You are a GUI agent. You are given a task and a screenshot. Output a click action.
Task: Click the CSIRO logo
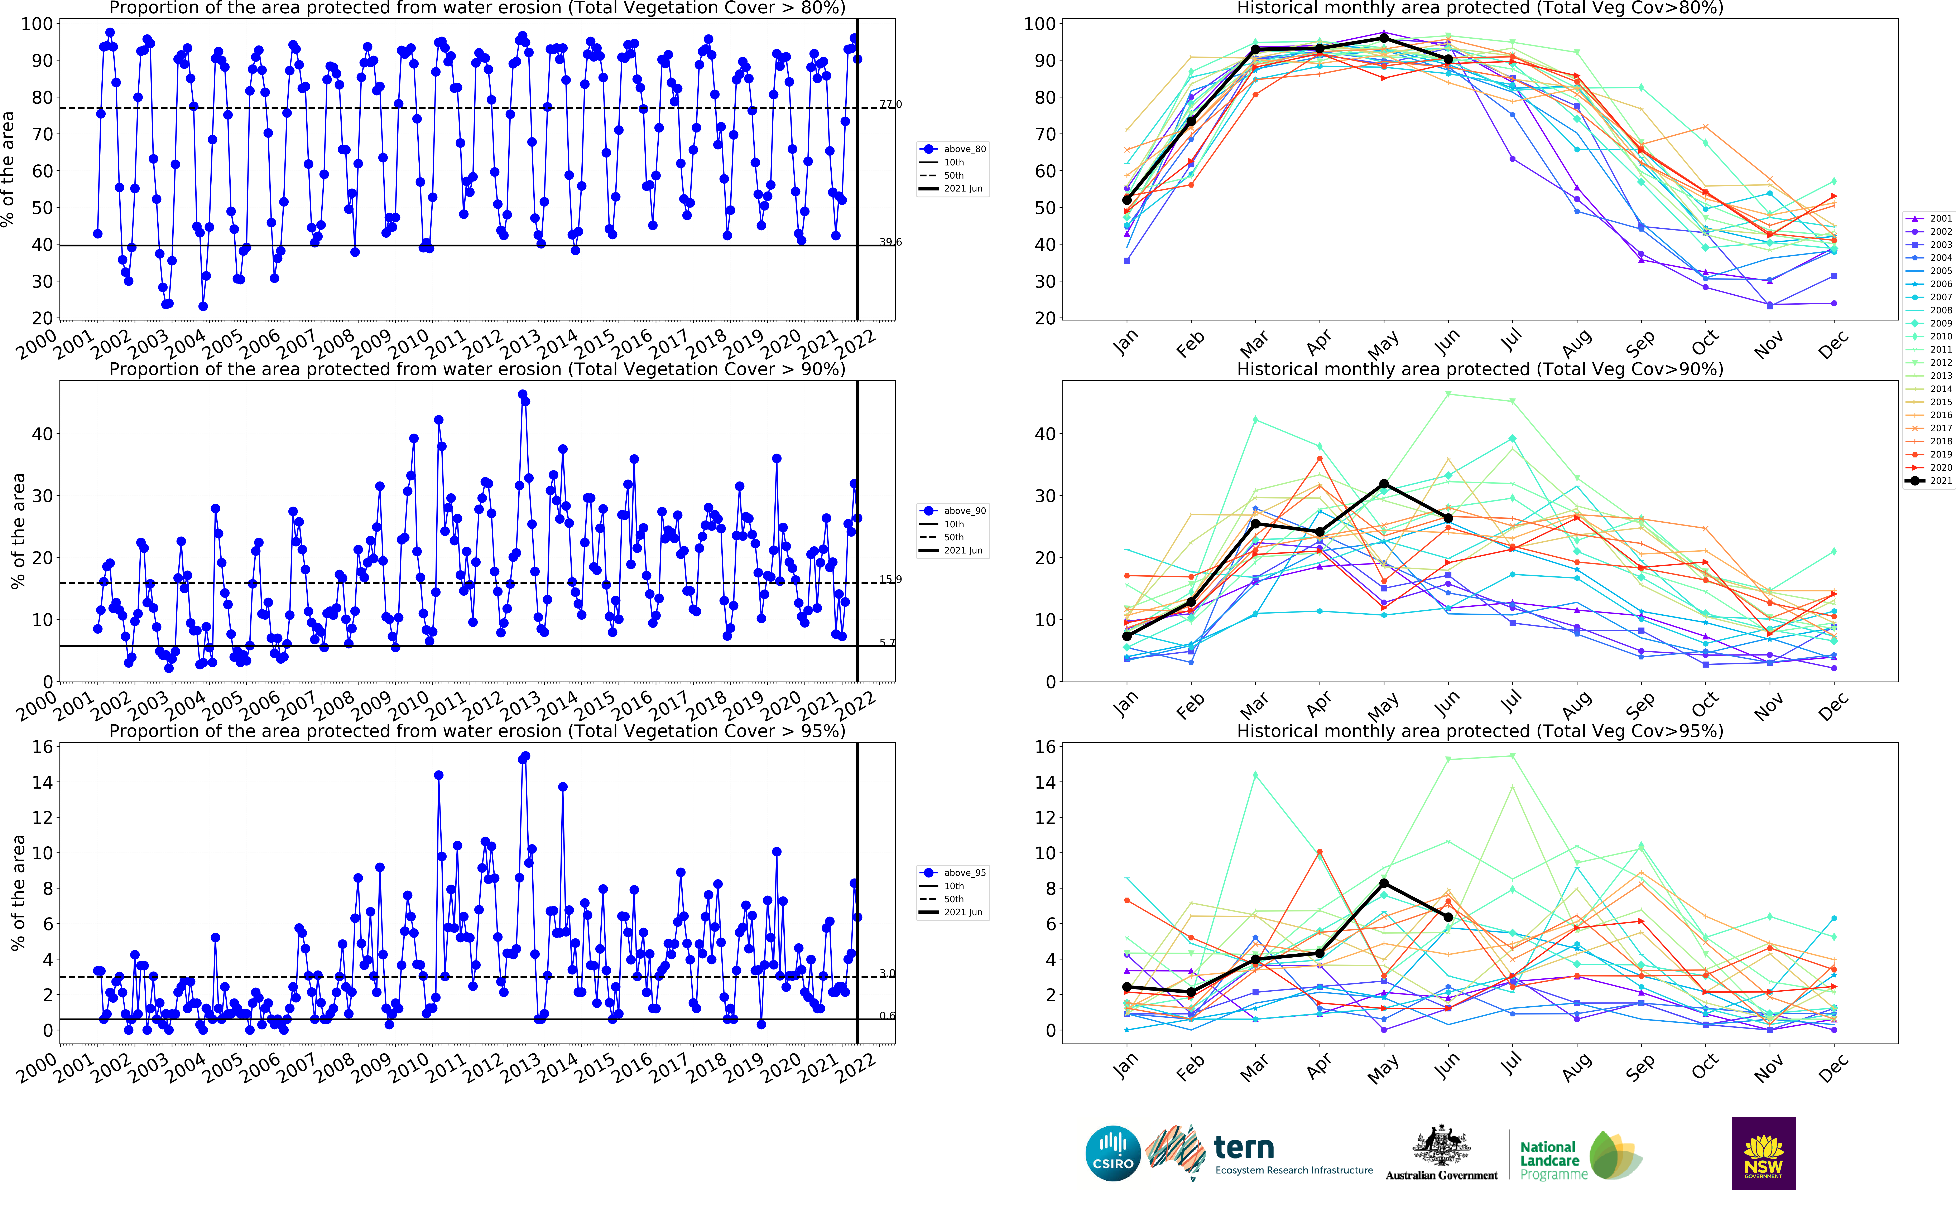click(x=1113, y=1153)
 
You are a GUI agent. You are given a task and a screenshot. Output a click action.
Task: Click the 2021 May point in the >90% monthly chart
click(x=1384, y=484)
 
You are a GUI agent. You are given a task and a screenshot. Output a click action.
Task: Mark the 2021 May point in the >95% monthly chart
click(x=1384, y=883)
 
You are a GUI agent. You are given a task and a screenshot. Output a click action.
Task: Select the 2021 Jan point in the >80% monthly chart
click(x=1126, y=200)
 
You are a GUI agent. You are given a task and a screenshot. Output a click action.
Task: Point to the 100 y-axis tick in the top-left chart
click(x=37, y=24)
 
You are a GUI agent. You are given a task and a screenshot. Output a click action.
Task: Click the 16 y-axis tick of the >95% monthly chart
click(x=1045, y=747)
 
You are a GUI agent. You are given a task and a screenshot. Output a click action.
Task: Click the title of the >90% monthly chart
click(x=1479, y=369)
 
